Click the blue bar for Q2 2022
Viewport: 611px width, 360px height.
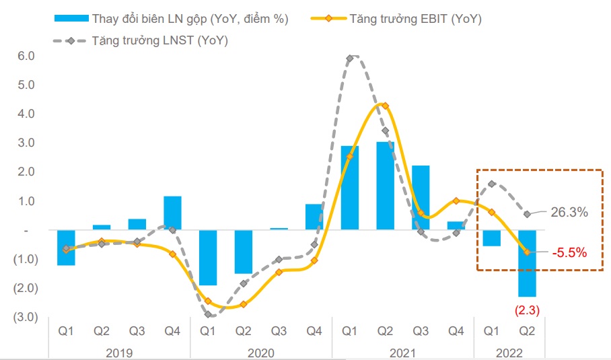527,263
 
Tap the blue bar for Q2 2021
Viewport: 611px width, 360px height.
385,186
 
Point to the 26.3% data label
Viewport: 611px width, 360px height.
570,213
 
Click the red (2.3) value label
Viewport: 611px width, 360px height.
527,310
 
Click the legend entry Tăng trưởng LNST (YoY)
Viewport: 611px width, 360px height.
159,41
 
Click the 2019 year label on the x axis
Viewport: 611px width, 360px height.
119,353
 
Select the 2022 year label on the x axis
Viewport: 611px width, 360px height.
509,353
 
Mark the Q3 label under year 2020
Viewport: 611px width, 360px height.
279,330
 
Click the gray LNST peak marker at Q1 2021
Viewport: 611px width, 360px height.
349,59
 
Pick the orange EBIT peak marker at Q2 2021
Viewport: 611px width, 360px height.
385,106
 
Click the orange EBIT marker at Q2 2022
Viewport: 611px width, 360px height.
528,252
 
